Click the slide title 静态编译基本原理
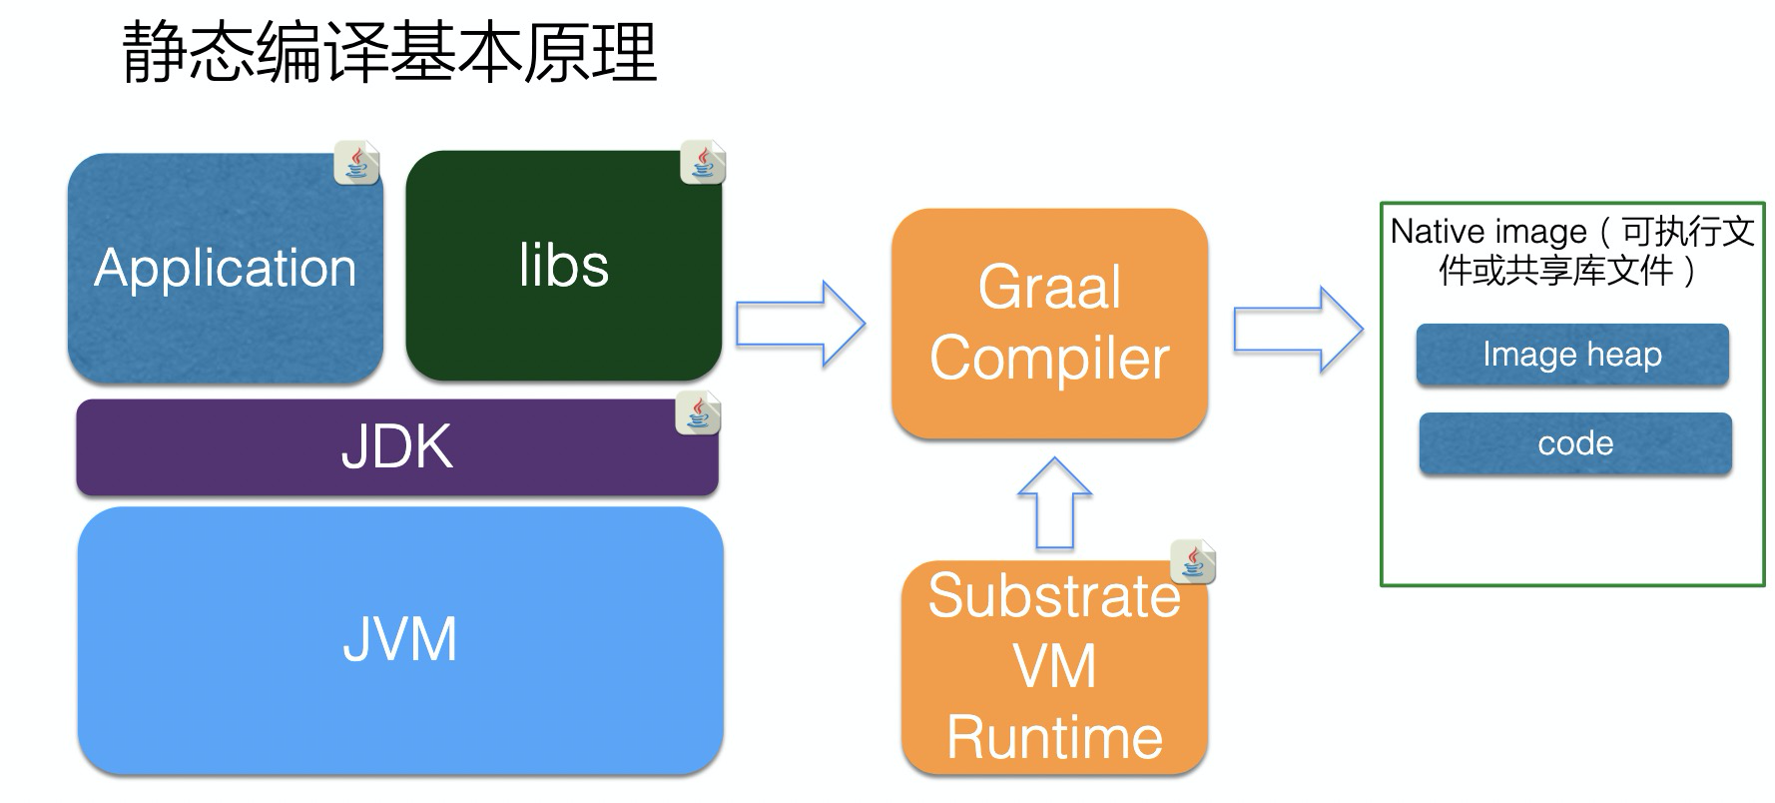click(389, 52)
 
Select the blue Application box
click(226, 268)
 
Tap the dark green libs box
click(563, 266)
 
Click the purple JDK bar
click(397, 446)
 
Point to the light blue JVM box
click(399, 639)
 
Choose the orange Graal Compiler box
click(1049, 323)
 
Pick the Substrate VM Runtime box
click(1054, 667)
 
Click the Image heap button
click(1572, 355)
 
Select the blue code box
click(1575, 443)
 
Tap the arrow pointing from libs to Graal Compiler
click(800, 324)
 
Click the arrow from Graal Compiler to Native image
click(1297, 330)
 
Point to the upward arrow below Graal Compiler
click(1054, 504)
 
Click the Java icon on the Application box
click(356, 163)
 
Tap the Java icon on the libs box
click(703, 162)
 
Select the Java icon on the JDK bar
click(698, 412)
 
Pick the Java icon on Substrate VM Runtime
click(1193, 561)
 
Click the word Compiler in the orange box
click(1049, 359)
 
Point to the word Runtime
click(1054, 737)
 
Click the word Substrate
click(1054, 596)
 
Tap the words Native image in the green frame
click(1487, 232)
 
